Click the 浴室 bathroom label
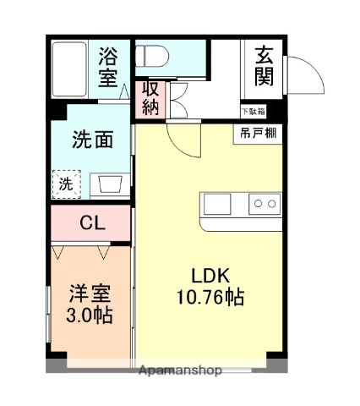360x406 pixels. [x=109, y=68]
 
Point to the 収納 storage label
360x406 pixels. [x=150, y=97]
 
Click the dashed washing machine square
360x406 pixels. [x=66, y=184]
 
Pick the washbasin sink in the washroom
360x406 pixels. [x=109, y=184]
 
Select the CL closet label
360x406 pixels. [x=92, y=224]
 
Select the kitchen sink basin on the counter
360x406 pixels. [x=216, y=204]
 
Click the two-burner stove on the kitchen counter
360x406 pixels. [x=265, y=204]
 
